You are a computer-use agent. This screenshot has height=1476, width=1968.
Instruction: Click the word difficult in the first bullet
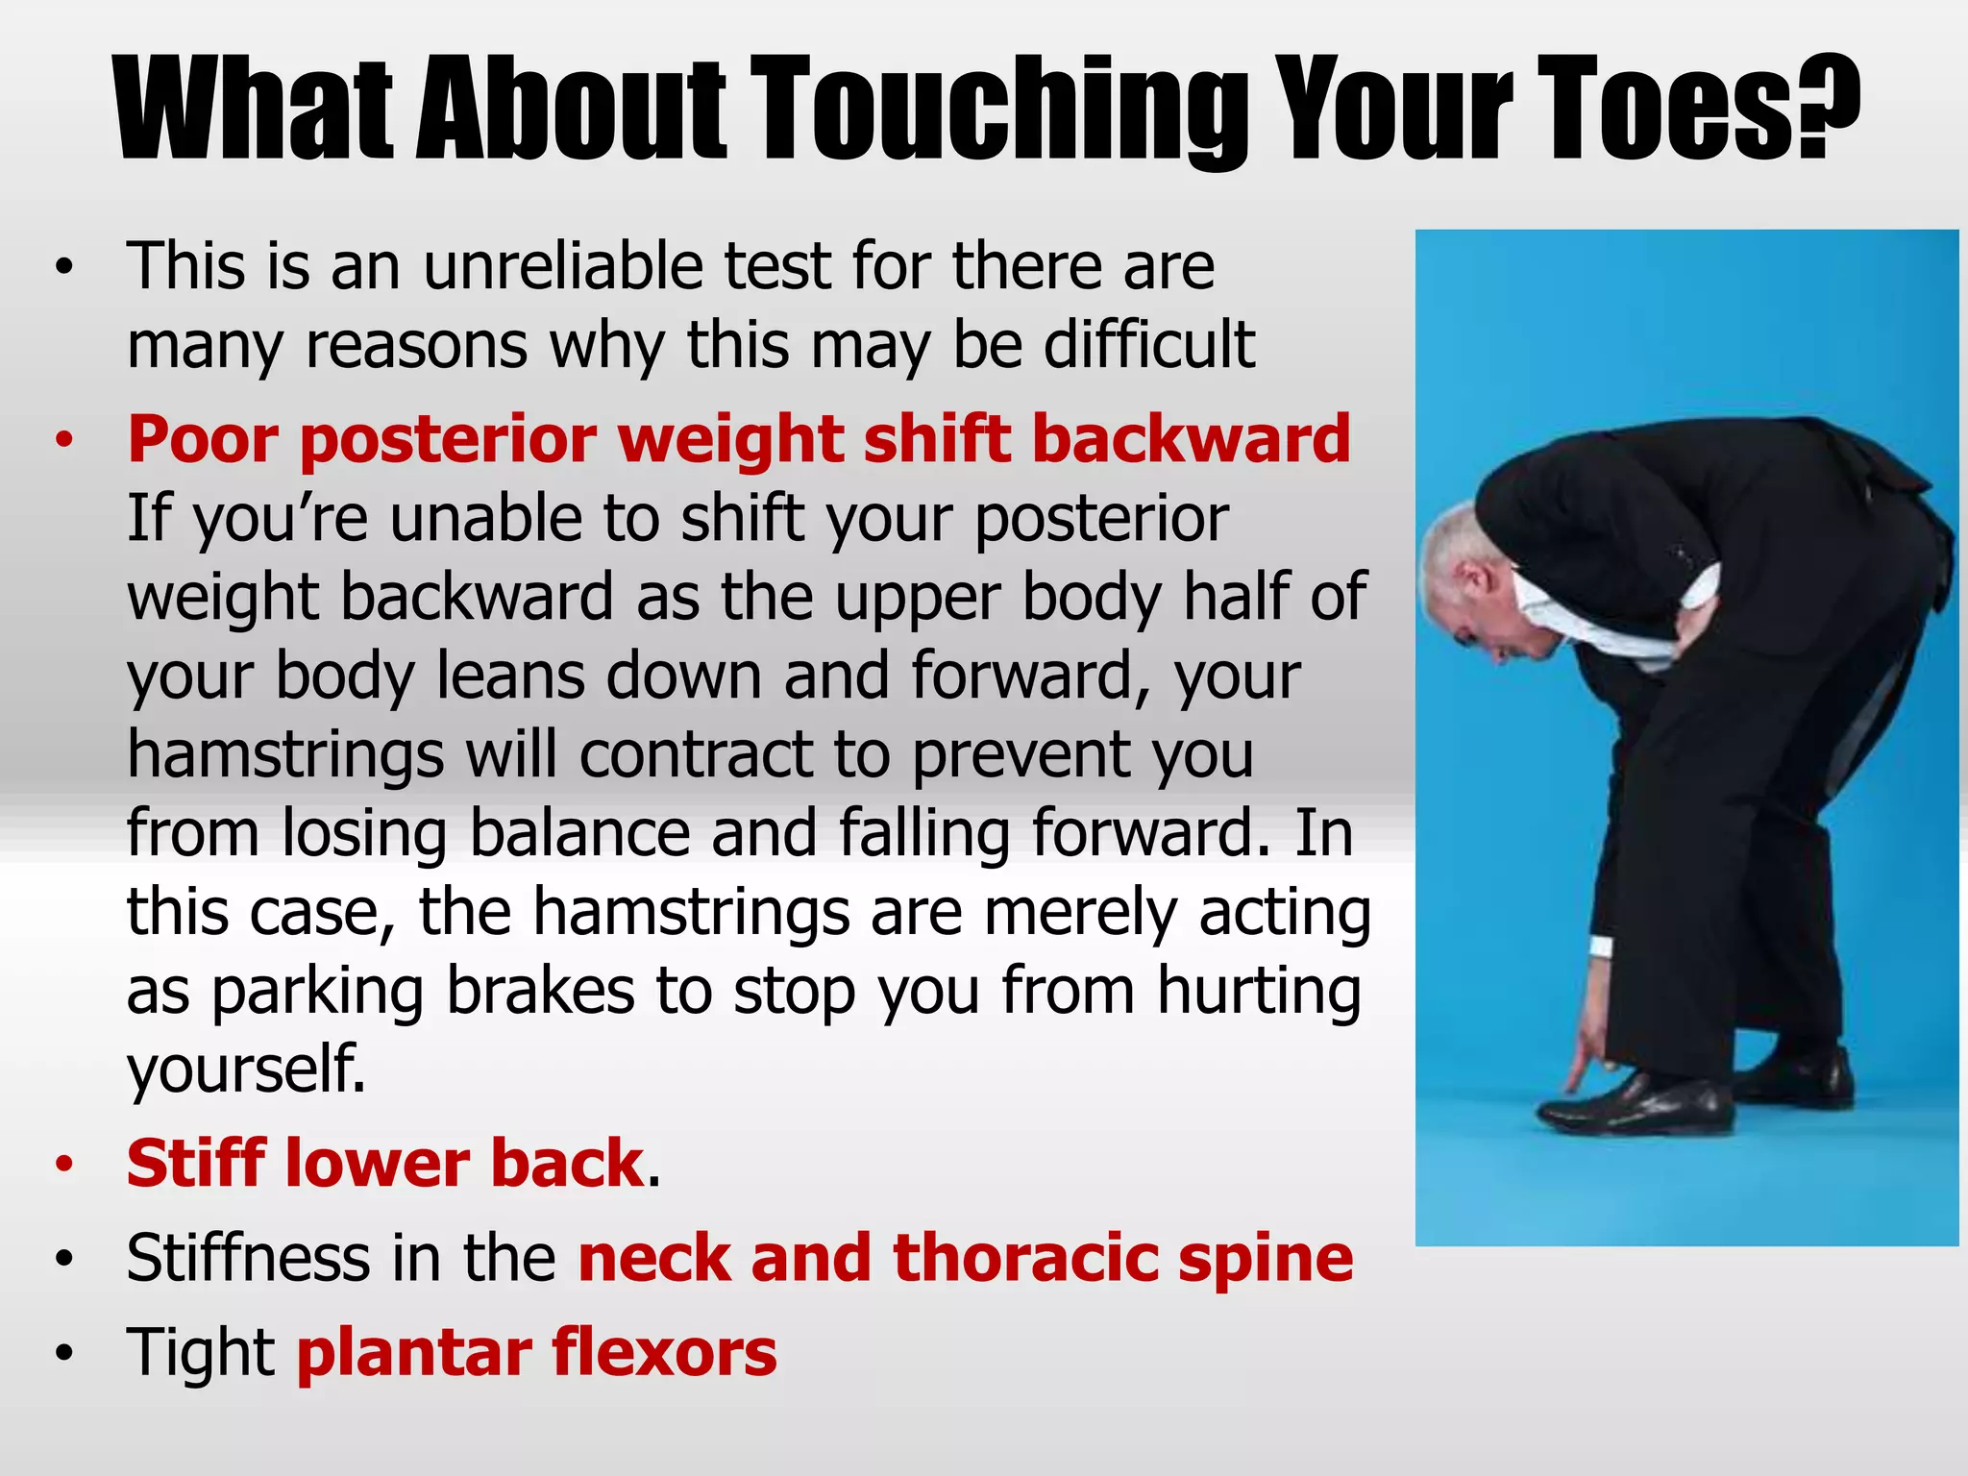click(1149, 345)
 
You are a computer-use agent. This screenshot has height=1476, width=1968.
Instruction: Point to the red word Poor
click(202, 440)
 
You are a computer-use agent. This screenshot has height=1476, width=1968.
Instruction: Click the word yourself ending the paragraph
click(246, 1070)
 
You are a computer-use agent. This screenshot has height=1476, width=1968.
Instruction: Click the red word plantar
click(413, 1353)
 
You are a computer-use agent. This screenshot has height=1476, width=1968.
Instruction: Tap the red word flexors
click(664, 1353)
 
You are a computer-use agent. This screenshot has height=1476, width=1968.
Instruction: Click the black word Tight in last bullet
click(201, 1353)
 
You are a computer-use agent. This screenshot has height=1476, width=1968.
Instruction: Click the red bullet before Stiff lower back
click(64, 1166)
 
